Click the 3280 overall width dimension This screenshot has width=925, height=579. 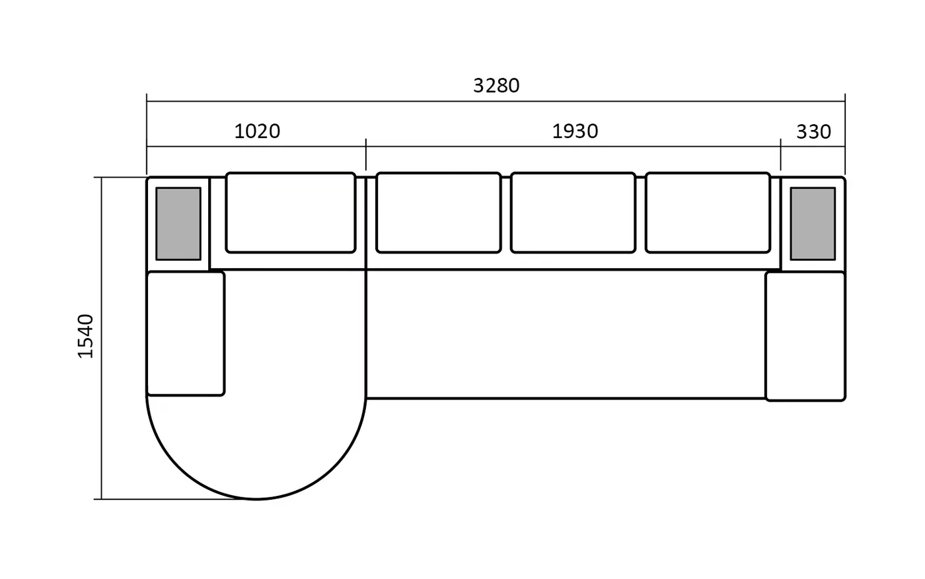pos(496,86)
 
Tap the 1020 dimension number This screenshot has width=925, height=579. pos(257,131)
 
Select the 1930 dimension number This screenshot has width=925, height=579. pos(575,131)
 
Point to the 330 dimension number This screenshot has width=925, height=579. pos(813,132)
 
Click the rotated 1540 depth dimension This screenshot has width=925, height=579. pos(86,336)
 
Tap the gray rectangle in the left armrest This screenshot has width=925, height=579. pos(178,224)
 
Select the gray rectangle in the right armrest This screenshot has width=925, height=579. pos(813,224)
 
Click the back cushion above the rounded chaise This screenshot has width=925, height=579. pos(291,213)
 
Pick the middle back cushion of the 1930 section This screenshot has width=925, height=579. pos(573,213)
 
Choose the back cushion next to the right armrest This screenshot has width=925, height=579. pos(708,213)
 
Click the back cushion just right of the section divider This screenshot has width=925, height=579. pos(439,213)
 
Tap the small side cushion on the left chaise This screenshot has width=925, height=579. pos(186,333)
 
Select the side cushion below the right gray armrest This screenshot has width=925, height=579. pos(805,336)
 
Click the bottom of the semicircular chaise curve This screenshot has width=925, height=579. pos(256,499)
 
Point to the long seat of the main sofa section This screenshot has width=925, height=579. pos(566,334)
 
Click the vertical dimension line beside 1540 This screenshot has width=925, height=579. pos(102,338)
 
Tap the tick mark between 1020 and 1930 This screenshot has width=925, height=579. pos(366,154)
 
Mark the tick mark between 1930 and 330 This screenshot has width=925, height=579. pos(780,154)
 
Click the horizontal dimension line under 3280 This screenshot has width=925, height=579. pos(496,101)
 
